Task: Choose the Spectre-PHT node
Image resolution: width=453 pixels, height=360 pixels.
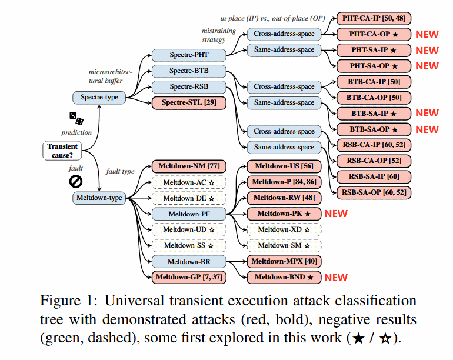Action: (189, 56)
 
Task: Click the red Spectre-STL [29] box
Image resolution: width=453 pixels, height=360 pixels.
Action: (189, 103)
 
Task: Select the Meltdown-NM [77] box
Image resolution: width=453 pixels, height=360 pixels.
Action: (189, 166)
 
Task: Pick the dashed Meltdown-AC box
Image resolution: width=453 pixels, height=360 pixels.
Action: (189, 182)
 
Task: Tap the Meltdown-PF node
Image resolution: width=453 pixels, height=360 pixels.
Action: (189, 214)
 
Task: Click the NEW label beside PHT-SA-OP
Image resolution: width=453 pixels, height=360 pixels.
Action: (427, 66)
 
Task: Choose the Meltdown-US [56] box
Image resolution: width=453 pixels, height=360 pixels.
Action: (284, 166)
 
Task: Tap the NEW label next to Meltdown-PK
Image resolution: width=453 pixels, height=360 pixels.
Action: (336, 214)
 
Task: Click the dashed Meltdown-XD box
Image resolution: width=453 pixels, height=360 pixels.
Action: (284, 229)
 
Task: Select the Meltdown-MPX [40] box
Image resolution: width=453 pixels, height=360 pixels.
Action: (284, 261)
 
